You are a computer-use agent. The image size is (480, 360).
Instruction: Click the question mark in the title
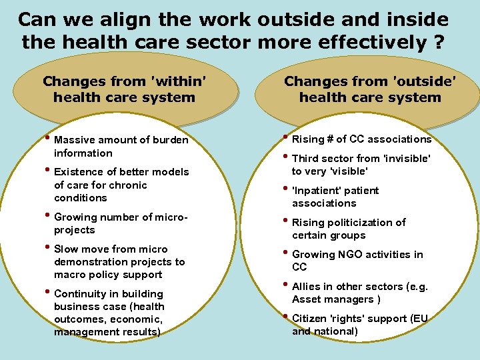438,43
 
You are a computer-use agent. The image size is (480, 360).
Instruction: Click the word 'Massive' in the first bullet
75,140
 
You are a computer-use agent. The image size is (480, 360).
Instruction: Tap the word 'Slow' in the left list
66,249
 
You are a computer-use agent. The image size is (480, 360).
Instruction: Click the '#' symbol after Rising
329,139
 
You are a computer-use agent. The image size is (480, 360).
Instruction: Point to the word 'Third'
306,159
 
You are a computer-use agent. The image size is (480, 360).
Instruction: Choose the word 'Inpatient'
320,191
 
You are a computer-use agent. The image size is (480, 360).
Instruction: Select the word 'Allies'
307,287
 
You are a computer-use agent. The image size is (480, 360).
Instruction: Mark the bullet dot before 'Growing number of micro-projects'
48,216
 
